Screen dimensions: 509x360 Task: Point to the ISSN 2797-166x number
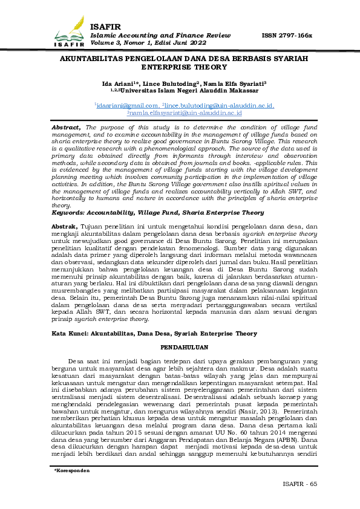pos(286,36)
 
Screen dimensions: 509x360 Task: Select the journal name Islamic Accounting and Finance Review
pos(160,36)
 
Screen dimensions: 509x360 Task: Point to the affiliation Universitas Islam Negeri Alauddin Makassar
pos(189,91)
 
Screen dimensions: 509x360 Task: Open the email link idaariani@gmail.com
pos(125,105)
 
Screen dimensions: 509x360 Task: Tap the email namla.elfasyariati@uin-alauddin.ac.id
pos(185,112)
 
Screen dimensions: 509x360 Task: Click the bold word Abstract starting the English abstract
pos(66,128)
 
